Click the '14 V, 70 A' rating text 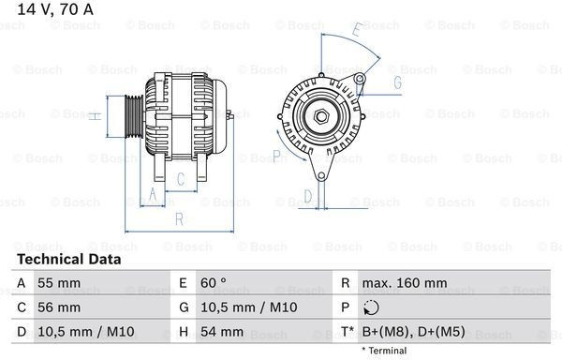click(x=55, y=9)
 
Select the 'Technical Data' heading click(x=69, y=259)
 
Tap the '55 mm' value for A click(x=59, y=283)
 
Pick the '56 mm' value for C click(x=59, y=307)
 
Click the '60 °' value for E click(x=214, y=283)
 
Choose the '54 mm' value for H click(x=222, y=332)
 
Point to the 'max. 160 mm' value click(x=405, y=283)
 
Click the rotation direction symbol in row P click(x=371, y=307)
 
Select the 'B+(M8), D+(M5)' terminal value click(x=414, y=332)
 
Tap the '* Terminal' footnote click(x=384, y=351)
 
